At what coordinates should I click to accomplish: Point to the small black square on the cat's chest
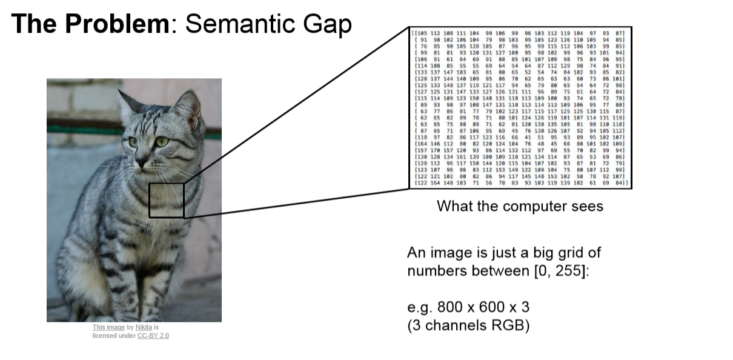[x=166, y=200]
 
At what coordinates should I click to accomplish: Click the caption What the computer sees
[x=520, y=206]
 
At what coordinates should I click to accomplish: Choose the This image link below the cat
[x=108, y=327]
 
